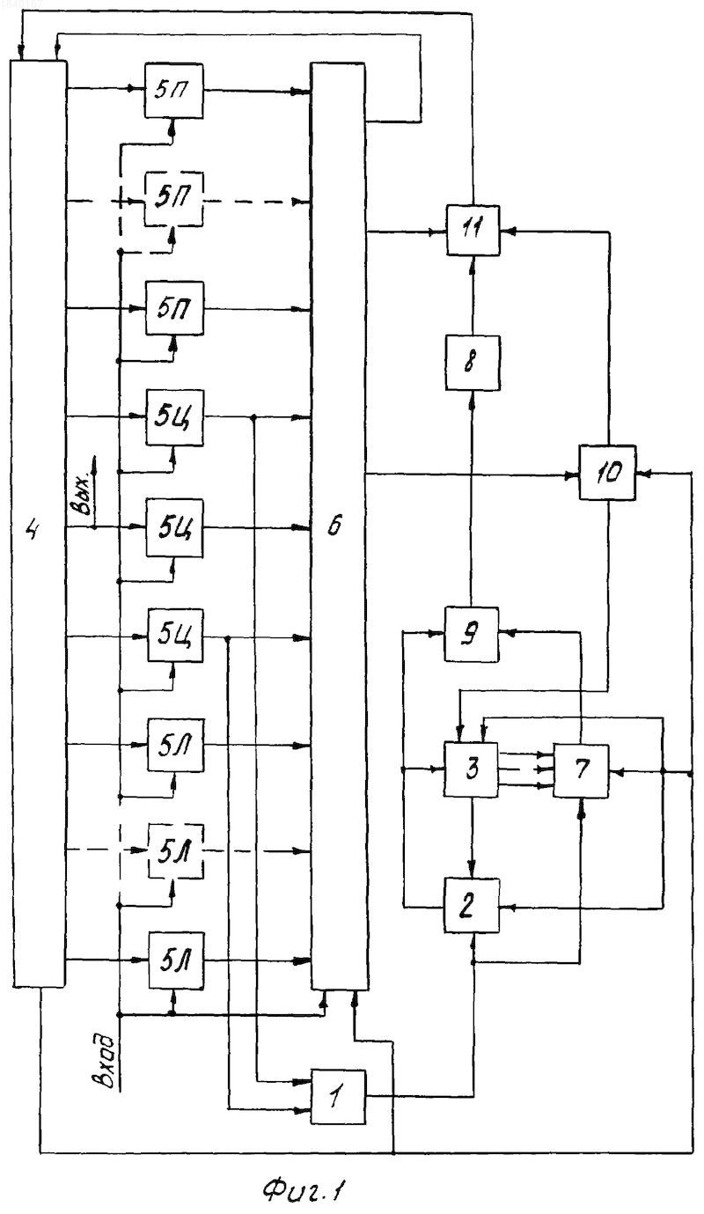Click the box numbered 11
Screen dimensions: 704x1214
click(x=473, y=230)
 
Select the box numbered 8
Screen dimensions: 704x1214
click(x=473, y=363)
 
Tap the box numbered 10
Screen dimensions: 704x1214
click(x=607, y=472)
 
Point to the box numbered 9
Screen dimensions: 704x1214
click(x=471, y=634)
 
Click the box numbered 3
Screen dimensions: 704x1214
click(x=471, y=769)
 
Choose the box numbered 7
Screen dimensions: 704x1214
click(x=581, y=770)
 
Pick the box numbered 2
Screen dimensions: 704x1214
click(x=472, y=905)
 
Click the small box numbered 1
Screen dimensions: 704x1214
click(x=338, y=1096)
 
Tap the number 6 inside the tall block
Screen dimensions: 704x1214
click(x=335, y=525)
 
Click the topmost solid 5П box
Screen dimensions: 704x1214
click(x=174, y=91)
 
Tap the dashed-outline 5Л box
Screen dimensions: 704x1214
click(x=176, y=851)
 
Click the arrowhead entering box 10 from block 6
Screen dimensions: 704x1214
click(x=572, y=475)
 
